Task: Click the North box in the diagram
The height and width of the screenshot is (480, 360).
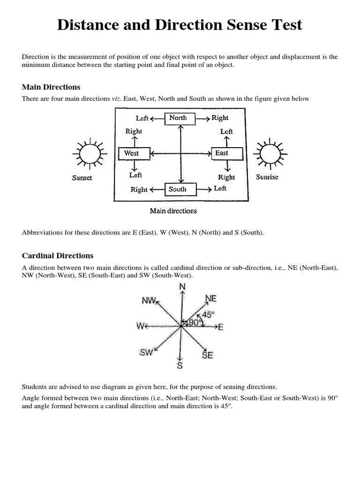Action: [x=178, y=118]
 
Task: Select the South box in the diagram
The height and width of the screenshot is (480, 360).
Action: [x=178, y=189]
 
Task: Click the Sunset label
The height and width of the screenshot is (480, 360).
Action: [x=82, y=178]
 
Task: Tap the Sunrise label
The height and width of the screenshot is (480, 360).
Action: [x=267, y=177]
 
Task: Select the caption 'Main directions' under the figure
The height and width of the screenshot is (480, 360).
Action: [x=173, y=211]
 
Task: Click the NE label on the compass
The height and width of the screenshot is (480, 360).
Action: [x=211, y=299]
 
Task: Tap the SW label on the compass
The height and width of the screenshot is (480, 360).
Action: [x=147, y=352]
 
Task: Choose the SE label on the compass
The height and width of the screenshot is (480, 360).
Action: [x=208, y=355]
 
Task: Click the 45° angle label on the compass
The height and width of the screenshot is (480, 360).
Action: [x=208, y=315]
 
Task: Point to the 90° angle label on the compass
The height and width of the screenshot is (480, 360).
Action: [x=194, y=323]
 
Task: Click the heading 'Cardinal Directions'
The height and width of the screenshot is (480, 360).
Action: [x=58, y=256]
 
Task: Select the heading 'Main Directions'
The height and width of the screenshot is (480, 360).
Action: [x=51, y=87]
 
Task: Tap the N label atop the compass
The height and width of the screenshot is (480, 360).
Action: [x=182, y=287]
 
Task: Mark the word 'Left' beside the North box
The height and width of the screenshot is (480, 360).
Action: [x=142, y=119]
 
